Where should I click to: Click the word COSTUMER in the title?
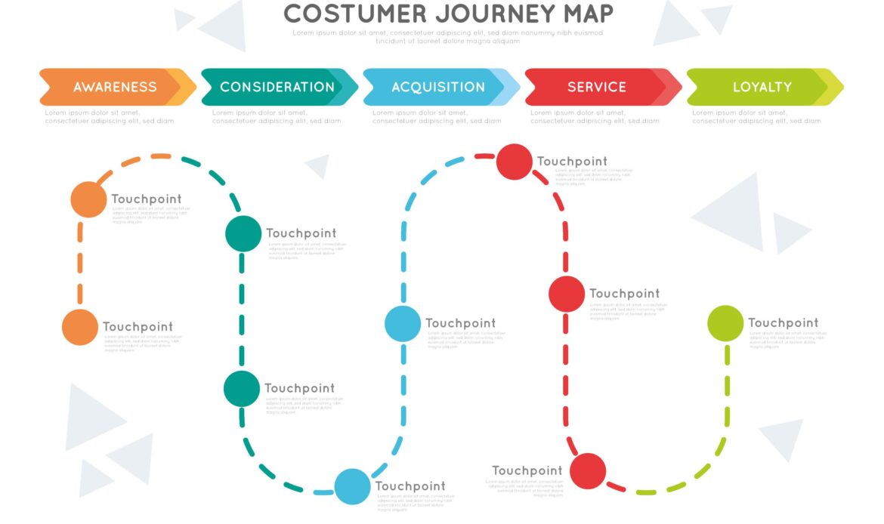click(x=344, y=14)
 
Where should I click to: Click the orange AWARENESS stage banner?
click(x=115, y=87)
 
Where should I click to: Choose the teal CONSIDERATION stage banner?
click(x=277, y=87)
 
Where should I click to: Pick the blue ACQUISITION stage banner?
click(x=438, y=87)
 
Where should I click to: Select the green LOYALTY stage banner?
click(x=762, y=87)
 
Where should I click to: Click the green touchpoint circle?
click(x=725, y=323)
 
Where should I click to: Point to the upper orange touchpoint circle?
click(x=88, y=200)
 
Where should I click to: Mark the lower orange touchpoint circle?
click(x=80, y=328)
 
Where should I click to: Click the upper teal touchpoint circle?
click(x=243, y=233)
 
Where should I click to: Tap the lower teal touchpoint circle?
click(x=242, y=389)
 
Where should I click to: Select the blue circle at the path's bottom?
click(x=352, y=486)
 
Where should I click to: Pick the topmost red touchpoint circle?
click(x=515, y=162)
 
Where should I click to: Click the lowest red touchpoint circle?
click(x=588, y=471)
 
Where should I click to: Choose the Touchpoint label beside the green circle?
click(x=783, y=323)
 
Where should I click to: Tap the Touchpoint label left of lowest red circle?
click(x=527, y=471)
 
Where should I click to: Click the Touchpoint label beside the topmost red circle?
click(x=572, y=162)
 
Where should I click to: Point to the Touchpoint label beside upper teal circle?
click(x=301, y=233)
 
